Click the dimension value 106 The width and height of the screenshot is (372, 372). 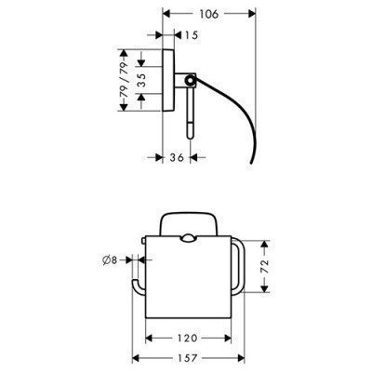(x=209, y=14)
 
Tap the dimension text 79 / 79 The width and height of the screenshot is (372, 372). (x=124, y=80)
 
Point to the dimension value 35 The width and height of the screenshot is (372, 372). (x=141, y=80)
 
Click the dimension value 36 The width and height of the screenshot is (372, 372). (x=177, y=157)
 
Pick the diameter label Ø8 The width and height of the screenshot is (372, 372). (x=110, y=260)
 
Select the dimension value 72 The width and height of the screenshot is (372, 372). (x=264, y=267)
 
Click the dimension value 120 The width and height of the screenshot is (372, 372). (x=188, y=338)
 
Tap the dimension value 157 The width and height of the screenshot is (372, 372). (x=188, y=358)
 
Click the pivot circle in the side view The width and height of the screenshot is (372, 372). (x=189, y=81)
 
